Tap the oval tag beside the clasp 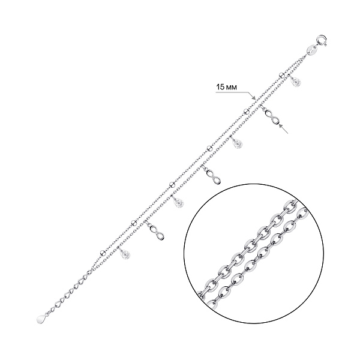coord(311,50)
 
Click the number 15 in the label coord(220,87)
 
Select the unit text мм coord(231,88)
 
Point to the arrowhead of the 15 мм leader coord(254,98)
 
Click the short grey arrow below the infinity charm coord(284,129)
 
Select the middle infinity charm coord(214,176)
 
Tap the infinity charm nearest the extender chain coord(157,233)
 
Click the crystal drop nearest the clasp coord(296,82)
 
